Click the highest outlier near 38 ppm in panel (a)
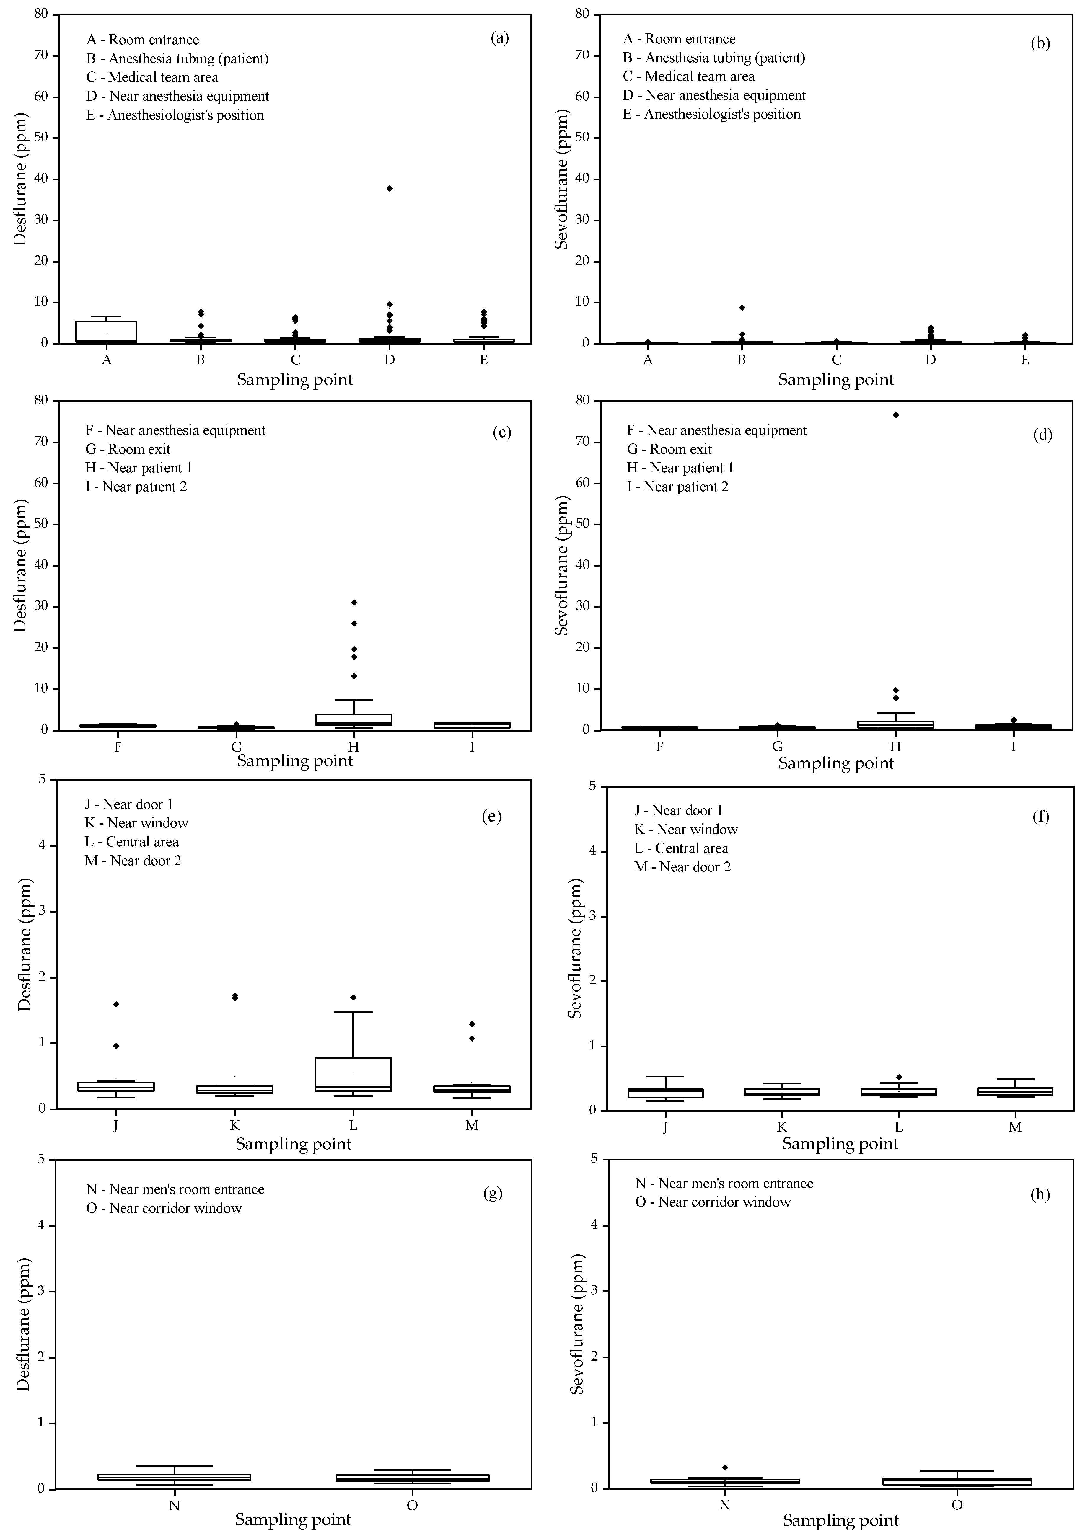[390, 189]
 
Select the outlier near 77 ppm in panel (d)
[896, 415]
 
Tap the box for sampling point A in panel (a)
[106, 332]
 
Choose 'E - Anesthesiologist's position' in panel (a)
[175, 115]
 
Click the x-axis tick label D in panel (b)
[930, 360]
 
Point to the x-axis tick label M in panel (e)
[472, 1125]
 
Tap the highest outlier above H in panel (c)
[354, 603]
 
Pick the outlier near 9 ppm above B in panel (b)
[742, 308]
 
